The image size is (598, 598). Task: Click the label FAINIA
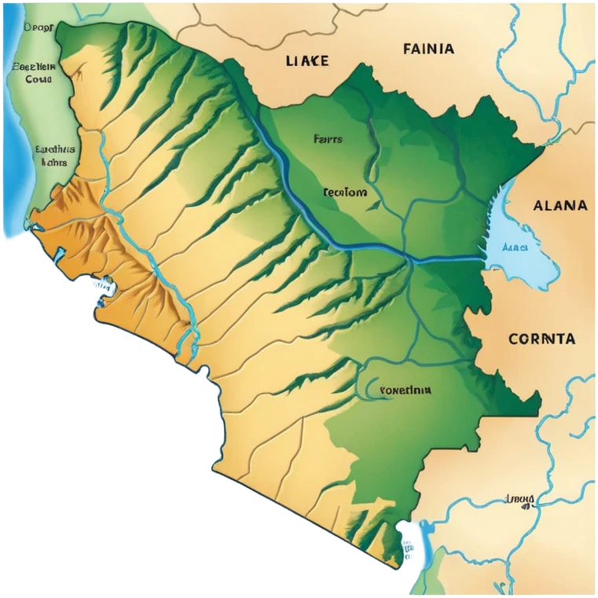[428, 49]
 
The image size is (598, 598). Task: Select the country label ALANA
[559, 206]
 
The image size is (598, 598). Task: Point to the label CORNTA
[541, 339]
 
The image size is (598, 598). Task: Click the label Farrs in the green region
[328, 139]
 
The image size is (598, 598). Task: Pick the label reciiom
[344, 192]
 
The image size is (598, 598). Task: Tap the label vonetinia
[405, 389]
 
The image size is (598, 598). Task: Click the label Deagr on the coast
[38, 28]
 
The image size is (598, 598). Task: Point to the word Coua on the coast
[37, 79]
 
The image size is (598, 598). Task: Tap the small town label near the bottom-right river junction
[519, 498]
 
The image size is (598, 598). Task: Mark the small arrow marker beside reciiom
[373, 206]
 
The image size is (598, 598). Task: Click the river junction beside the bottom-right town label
[503, 511]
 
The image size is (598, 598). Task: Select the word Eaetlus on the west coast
[55, 148]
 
